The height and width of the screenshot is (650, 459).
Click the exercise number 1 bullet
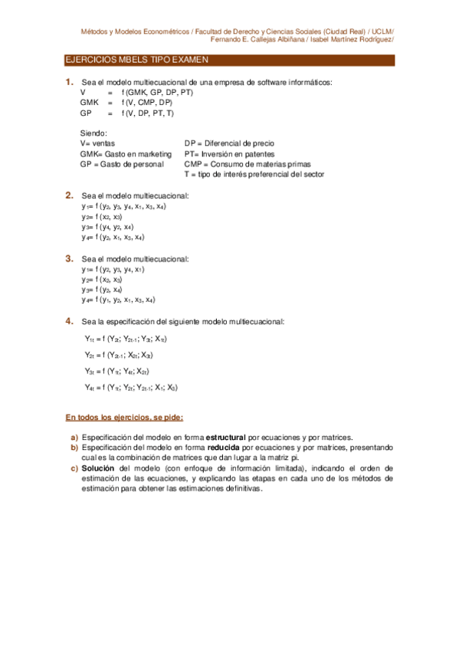[x=69, y=82]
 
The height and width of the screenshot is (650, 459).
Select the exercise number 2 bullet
[x=69, y=195]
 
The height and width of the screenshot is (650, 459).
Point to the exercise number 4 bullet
[x=69, y=320]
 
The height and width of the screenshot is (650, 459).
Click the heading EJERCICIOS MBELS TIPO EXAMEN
[x=136, y=59]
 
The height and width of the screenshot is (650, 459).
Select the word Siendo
[x=93, y=133]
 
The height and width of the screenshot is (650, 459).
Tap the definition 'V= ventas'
[x=97, y=143]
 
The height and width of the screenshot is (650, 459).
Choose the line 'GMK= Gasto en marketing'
[x=126, y=153]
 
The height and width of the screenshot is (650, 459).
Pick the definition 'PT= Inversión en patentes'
[x=228, y=153]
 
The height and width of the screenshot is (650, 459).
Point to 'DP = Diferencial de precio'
[x=228, y=143]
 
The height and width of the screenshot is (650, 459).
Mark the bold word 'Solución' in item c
[x=98, y=467]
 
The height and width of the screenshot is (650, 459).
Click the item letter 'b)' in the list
[x=74, y=447]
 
